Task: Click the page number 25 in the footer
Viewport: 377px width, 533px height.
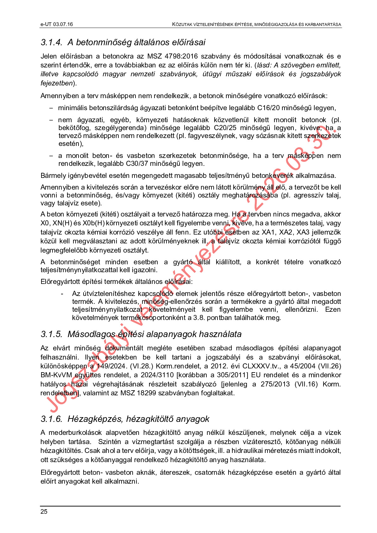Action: click(44, 512)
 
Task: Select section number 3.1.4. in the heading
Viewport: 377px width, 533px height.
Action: click(51, 42)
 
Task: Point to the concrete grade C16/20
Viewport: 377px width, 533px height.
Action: click(268, 108)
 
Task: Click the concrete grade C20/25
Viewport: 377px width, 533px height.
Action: click(225, 128)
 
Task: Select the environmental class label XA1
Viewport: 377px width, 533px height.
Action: click(268, 232)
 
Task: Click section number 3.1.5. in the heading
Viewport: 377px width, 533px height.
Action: click(51, 334)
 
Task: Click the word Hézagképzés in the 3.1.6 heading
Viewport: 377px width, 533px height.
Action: click(96, 419)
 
